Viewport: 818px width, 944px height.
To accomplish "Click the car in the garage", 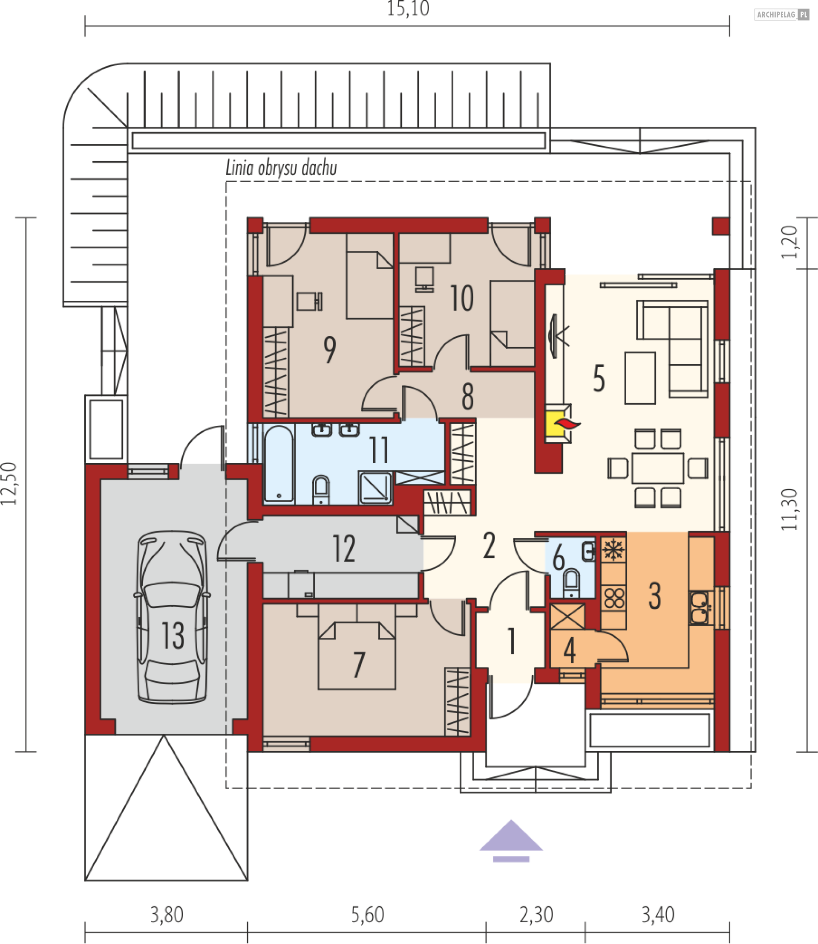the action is tap(172, 616).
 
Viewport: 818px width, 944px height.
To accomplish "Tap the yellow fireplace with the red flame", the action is tap(558, 424).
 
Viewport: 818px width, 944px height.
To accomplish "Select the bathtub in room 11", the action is tap(279, 464).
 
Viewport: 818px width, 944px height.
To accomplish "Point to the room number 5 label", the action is tap(599, 378).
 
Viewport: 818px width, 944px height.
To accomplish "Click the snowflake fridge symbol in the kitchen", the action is tap(613, 549).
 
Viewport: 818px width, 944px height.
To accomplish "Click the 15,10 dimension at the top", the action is tap(408, 9).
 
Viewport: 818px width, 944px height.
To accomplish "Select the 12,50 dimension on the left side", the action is tap(9, 483).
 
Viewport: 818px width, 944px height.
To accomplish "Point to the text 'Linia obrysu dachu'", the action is tap(281, 168).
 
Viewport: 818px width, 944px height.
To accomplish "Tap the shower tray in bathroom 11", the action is tap(375, 488).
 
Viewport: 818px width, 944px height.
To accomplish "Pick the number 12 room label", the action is tap(344, 548).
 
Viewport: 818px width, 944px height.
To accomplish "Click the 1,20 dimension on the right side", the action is tap(789, 242).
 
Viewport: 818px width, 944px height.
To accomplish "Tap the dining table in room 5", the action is tap(658, 468).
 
